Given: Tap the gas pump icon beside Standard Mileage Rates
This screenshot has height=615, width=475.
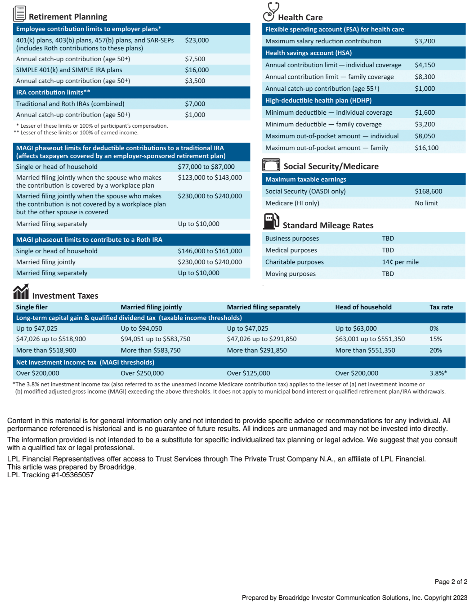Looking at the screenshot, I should click(271, 221).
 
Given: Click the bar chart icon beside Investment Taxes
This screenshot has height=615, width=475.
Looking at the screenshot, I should click(21, 292).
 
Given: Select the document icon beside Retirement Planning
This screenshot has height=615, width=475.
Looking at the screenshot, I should click(19, 14).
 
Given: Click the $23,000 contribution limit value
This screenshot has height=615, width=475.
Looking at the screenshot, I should click(197, 40).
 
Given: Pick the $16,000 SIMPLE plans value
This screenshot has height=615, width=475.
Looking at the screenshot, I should click(197, 70).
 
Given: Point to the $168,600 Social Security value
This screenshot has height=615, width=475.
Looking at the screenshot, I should click(428, 191).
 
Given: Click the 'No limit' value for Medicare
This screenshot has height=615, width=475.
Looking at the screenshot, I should click(426, 203).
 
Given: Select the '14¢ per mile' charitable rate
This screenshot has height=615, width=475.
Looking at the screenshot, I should click(400, 262).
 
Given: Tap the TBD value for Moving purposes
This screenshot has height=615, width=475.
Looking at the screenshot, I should click(388, 274).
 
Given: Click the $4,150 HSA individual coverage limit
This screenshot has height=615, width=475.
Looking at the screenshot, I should click(425, 65).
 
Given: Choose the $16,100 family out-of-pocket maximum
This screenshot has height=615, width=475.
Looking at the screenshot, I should click(426, 148).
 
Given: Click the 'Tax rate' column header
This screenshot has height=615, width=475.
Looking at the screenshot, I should click(441, 307).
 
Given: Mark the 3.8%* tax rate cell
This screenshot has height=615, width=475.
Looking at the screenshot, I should click(438, 373).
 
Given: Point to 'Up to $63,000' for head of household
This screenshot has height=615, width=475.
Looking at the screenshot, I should click(356, 328).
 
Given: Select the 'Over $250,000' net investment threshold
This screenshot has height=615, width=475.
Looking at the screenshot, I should click(142, 373).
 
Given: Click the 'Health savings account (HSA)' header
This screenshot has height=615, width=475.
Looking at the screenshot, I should click(308, 53).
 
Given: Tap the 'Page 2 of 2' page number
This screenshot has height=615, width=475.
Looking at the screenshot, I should click(451, 582).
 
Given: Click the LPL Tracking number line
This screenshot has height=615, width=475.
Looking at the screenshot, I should click(50, 475).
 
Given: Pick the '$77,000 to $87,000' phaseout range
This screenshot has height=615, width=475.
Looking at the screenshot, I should click(206, 167).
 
